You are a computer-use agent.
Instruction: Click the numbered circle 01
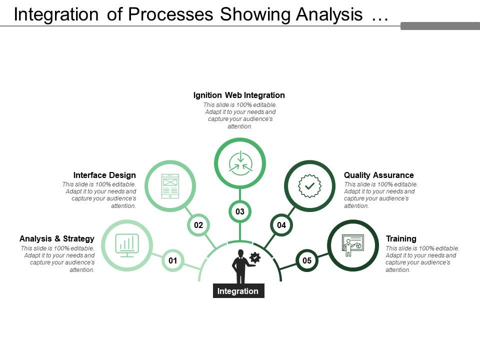coord(173,260)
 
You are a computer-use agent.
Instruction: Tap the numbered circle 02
coord(198,225)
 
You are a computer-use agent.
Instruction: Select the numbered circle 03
coord(240,211)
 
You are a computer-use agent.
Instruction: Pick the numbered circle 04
coord(281,225)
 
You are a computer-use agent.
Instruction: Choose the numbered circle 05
coord(307,260)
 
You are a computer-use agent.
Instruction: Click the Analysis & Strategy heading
coord(57,238)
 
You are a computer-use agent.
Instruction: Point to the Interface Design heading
coord(104,175)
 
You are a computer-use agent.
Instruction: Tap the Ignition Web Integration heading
coord(239,95)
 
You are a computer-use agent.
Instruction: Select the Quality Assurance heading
coord(379,175)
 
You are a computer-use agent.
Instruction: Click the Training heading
coord(401,238)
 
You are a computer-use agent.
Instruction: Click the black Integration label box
coord(238,291)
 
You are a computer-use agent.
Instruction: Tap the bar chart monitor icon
coord(127,245)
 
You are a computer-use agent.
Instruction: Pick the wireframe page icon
coord(170,186)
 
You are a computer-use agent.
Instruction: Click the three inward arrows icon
coord(240,163)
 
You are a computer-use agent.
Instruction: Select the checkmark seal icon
coord(310,186)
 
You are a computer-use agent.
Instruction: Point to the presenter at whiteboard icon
coord(353,245)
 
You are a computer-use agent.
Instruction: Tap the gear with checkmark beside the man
coord(255,257)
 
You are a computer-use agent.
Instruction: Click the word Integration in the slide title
coord(55,15)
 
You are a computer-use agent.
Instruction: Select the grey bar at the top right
coord(440,26)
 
